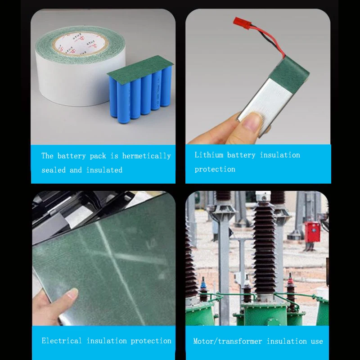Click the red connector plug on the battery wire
click(241, 22)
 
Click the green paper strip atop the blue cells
click(140, 67)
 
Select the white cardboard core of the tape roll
click(81, 44)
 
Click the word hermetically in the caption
click(147, 156)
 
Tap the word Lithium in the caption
click(209, 155)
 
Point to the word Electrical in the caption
click(62, 341)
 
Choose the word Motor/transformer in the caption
click(228, 342)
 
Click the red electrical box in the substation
click(312, 232)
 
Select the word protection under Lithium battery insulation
click(215, 170)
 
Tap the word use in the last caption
click(317, 342)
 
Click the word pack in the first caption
click(98, 156)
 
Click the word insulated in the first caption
click(104, 170)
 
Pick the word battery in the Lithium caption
click(241, 155)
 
